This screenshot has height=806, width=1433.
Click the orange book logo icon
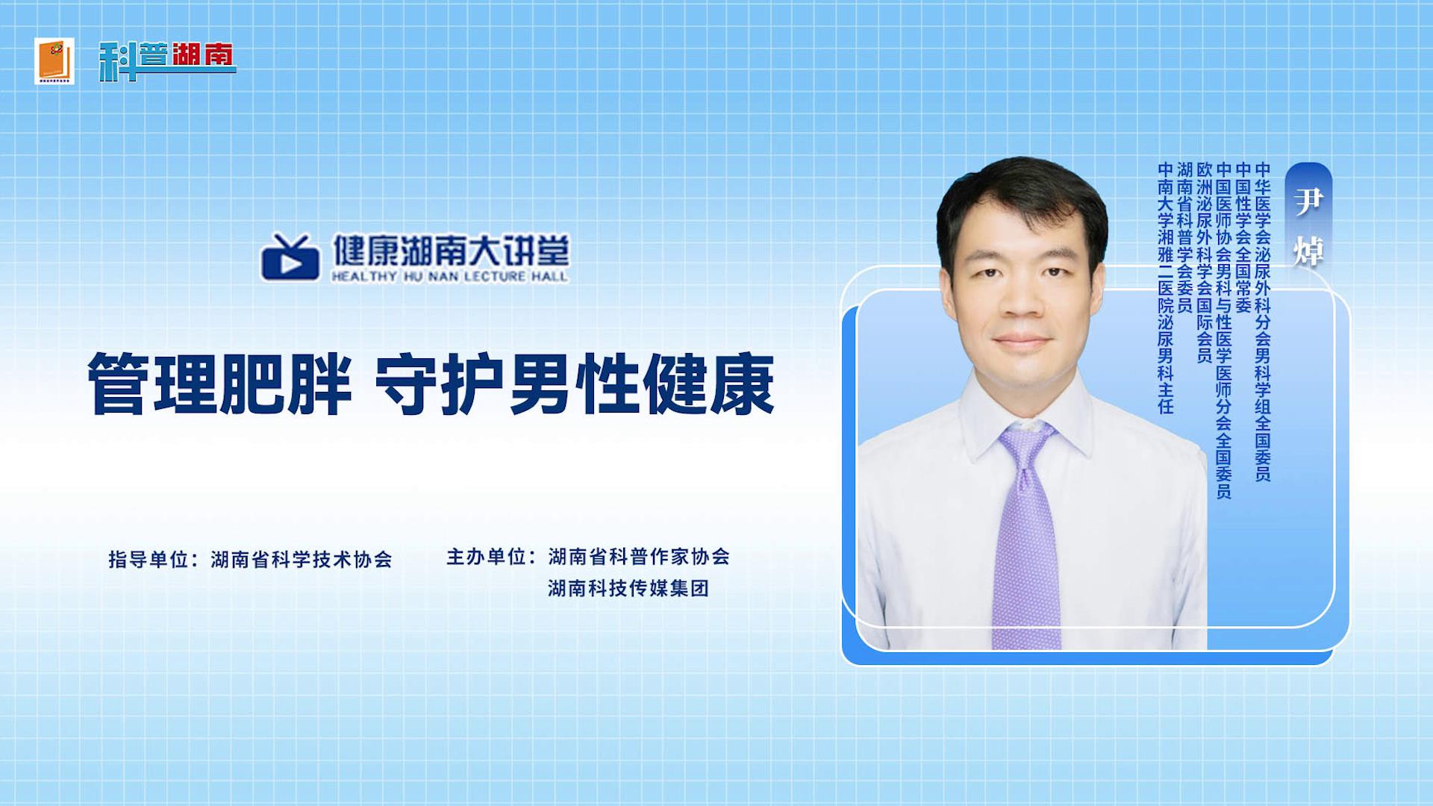click(x=54, y=60)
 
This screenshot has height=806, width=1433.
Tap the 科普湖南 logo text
click(x=167, y=60)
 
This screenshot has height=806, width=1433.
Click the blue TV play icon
click(x=290, y=257)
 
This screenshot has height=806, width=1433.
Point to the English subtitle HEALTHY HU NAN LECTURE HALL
click(x=449, y=276)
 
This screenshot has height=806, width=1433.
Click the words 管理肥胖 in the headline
click(x=219, y=384)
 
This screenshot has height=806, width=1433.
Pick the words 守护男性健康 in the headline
click(x=574, y=384)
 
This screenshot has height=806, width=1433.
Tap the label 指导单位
click(x=149, y=559)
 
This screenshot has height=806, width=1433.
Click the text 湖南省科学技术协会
click(x=302, y=559)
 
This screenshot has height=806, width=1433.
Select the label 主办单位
click(x=487, y=557)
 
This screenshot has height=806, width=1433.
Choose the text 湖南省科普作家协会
click(x=639, y=557)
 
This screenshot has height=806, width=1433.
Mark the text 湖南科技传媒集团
click(x=628, y=588)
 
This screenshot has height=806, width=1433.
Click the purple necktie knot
click(x=1027, y=441)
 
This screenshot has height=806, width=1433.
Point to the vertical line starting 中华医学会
click(x=1262, y=322)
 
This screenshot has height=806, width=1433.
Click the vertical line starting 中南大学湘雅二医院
click(x=1166, y=288)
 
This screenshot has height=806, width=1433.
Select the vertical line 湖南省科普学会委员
click(x=1184, y=238)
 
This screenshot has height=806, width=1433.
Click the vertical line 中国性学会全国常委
click(x=1243, y=238)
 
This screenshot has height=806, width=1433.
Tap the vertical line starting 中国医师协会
click(x=1223, y=331)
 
